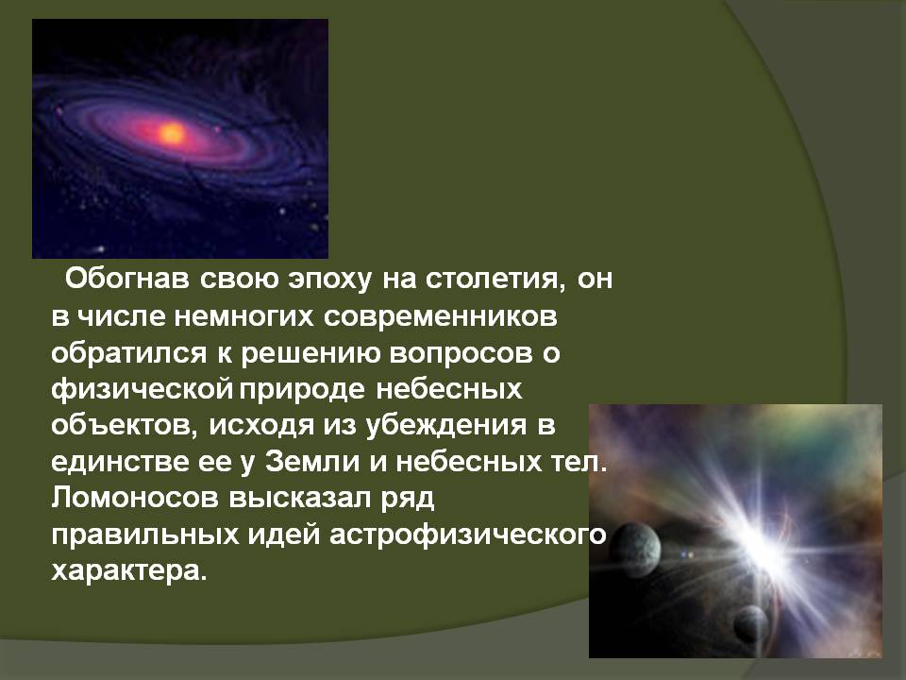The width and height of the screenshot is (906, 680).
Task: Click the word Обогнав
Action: point(127,279)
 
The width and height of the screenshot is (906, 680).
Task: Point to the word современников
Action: point(441,317)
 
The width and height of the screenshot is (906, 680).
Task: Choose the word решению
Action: point(310,354)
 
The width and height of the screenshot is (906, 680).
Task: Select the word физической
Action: point(143,390)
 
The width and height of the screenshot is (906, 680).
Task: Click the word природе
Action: point(302,391)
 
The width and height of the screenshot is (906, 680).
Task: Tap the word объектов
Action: point(126,426)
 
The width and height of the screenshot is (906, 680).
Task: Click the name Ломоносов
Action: point(135,498)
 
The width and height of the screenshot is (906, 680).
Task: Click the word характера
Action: point(128,571)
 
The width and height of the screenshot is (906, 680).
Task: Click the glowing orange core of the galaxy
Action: point(172,133)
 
